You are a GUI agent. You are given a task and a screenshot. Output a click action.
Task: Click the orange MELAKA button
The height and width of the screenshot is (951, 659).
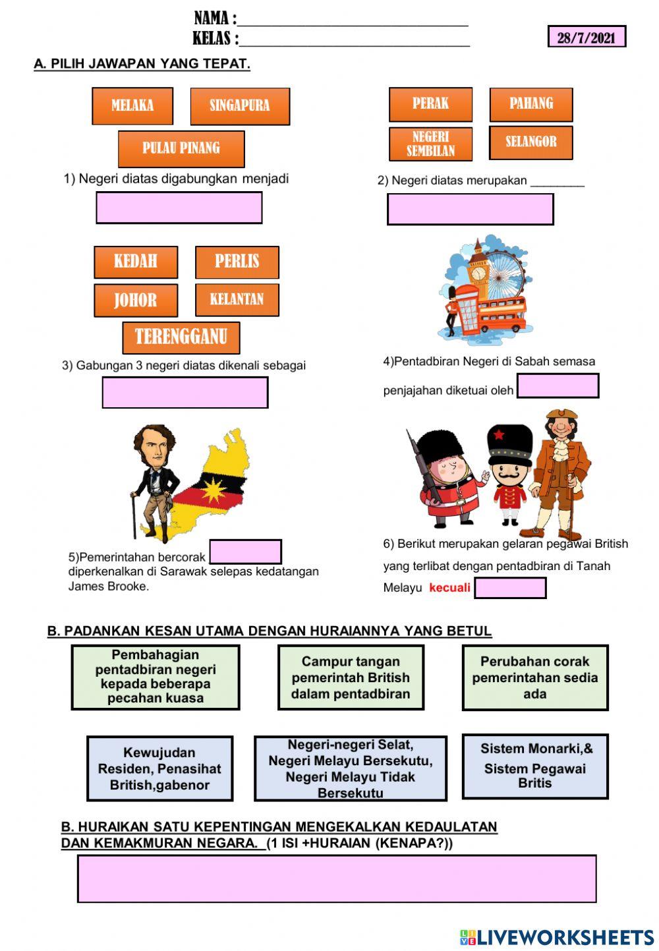(x=132, y=105)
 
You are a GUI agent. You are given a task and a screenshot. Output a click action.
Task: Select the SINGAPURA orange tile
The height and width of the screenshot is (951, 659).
(x=240, y=106)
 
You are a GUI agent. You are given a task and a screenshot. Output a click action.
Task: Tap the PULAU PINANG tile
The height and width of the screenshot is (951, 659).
(x=181, y=148)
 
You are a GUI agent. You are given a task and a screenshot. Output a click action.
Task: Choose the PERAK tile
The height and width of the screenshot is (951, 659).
(x=430, y=104)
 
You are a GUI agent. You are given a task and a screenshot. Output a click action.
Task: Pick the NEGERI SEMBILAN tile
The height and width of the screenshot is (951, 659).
(x=430, y=144)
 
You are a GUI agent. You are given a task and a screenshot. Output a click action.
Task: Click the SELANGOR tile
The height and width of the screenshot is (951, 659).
(x=530, y=142)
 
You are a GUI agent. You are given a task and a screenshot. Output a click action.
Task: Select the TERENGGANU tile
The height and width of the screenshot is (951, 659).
(x=181, y=337)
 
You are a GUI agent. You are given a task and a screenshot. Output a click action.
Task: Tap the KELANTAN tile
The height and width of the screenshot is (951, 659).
(x=237, y=300)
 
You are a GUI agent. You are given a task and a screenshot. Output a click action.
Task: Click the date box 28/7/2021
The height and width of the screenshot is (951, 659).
(x=586, y=37)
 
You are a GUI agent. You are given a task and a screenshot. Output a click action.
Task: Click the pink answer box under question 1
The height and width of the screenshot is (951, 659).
(x=179, y=208)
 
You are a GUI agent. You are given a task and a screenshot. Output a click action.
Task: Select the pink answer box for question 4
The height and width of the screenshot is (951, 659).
(x=558, y=386)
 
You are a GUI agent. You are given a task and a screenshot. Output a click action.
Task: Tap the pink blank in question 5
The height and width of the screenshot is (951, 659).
(x=245, y=552)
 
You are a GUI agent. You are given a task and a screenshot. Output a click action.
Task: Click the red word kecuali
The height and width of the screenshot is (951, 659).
(x=449, y=587)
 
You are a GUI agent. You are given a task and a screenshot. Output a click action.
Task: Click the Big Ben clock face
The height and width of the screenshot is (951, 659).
(x=478, y=273)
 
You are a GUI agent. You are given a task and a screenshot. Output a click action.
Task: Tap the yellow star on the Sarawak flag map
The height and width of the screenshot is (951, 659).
(x=215, y=491)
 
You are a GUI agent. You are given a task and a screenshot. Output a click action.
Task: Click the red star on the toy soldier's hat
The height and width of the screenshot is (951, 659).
(x=500, y=434)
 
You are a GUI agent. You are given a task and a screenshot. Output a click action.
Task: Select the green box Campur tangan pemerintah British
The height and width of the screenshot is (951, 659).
(x=351, y=677)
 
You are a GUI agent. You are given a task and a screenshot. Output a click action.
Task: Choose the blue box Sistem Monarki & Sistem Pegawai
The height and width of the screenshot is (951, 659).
(x=534, y=766)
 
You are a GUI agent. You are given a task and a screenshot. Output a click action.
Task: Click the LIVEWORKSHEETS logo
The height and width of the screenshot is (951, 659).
(x=557, y=937)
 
